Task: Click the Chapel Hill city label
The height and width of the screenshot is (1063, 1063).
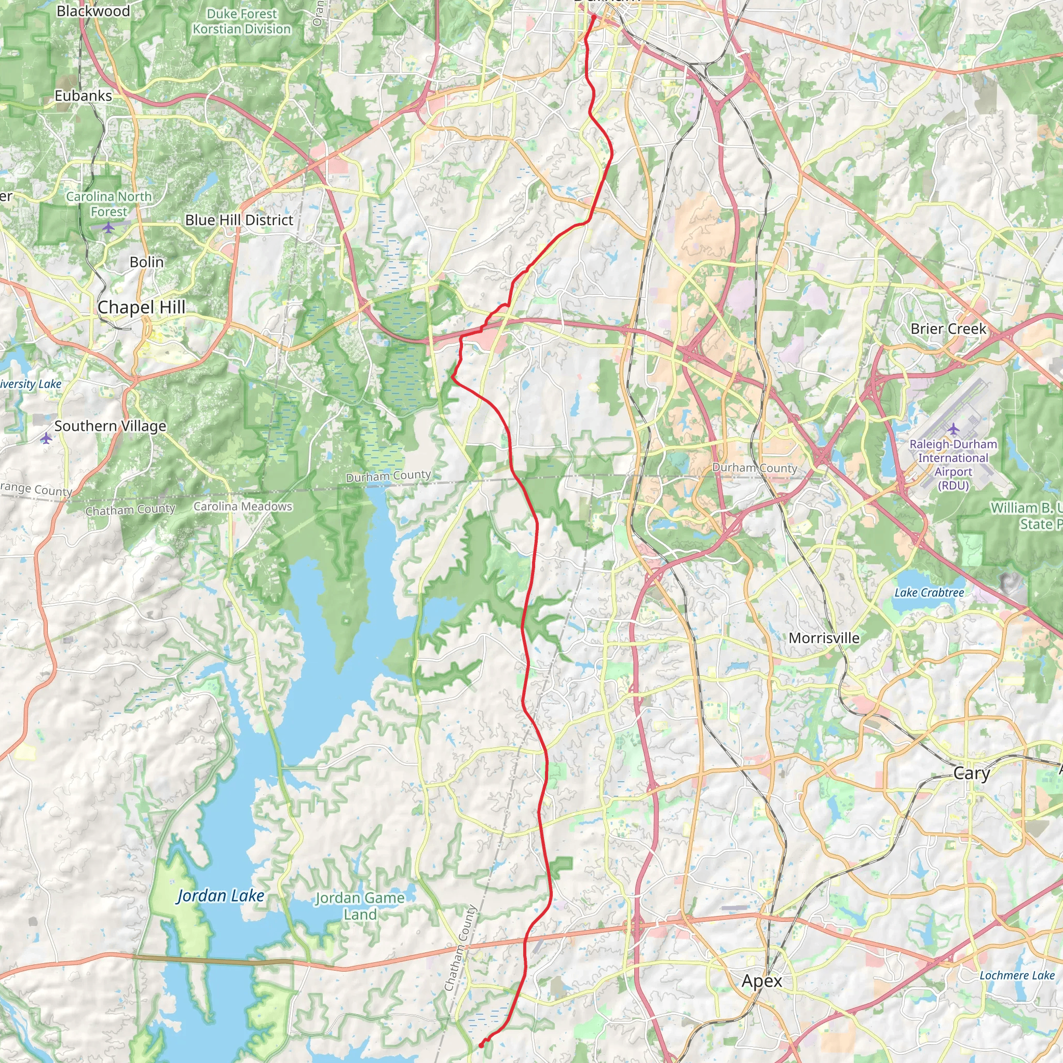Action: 141,307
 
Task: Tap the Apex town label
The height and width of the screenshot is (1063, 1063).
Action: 761,981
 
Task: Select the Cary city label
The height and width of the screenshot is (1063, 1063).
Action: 972,773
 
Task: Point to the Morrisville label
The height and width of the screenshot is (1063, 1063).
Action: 824,638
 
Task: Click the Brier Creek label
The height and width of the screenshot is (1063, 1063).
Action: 949,329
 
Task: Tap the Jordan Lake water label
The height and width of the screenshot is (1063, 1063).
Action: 220,896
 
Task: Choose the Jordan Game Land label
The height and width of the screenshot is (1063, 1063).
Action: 360,906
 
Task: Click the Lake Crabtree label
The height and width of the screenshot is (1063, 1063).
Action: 929,593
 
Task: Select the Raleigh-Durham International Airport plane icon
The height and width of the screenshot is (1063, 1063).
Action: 953,429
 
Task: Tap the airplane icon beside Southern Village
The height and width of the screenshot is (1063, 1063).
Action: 46,439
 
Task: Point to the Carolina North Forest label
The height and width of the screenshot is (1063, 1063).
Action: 109,203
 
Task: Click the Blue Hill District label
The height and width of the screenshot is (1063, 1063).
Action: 239,220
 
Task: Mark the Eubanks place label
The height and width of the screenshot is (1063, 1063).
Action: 83,96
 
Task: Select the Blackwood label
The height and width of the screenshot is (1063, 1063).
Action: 93,11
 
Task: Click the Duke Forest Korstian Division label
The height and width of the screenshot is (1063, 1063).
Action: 241,21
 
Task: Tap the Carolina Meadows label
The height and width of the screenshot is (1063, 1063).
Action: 242,506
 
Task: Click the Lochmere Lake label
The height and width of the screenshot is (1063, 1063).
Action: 1017,975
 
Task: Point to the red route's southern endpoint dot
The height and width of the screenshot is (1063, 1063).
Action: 482,1045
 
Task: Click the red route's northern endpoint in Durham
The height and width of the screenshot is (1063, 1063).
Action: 594,18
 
